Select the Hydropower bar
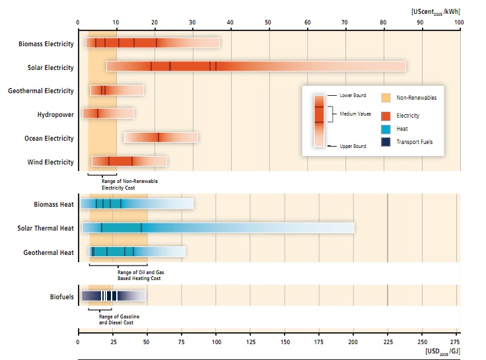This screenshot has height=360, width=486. [108, 114]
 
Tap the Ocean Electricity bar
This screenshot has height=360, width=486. [160, 137]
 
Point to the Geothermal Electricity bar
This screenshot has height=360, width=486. [117, 90]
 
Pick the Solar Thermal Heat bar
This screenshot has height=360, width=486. [217, 228]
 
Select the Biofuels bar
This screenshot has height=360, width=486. [113, 296]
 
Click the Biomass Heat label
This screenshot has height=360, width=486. [54, 205]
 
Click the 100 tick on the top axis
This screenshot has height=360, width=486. [459, 22]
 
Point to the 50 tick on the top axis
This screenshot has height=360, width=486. [269, 22]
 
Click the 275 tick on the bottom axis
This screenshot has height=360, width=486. [455, 342]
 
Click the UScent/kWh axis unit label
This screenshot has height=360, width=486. [435, 11]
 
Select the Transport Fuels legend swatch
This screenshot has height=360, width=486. [386, 141]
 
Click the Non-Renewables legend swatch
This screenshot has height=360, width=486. [386, 98]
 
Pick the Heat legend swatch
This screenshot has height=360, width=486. [386, 128]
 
